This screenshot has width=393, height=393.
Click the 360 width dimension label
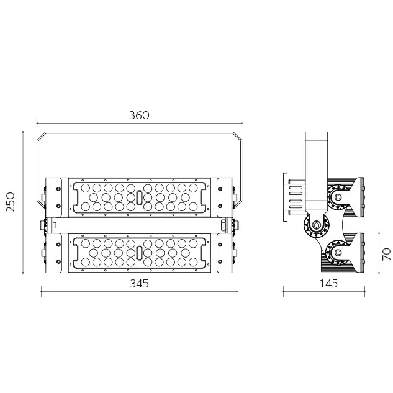(x=139, y=115)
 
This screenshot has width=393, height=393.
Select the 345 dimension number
(x=139, y=283)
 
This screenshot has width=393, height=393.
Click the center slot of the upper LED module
(x=139, y=197)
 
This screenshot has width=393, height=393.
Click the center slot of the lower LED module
(x=139, y=253)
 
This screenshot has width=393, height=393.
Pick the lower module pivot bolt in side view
(x=338, y=251)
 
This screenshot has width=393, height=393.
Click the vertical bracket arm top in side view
(x=317, y=138)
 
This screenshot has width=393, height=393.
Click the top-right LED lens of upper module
(x=194, y=187)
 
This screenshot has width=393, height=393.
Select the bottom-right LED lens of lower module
(x=194, y=263)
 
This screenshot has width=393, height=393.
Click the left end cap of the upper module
(x=53, y=197)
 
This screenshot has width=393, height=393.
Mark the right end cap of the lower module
(x=224, y=253)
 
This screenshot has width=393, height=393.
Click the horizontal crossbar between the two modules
(x=139, y=224)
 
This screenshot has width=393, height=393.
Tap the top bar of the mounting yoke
(x=139, y=132)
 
